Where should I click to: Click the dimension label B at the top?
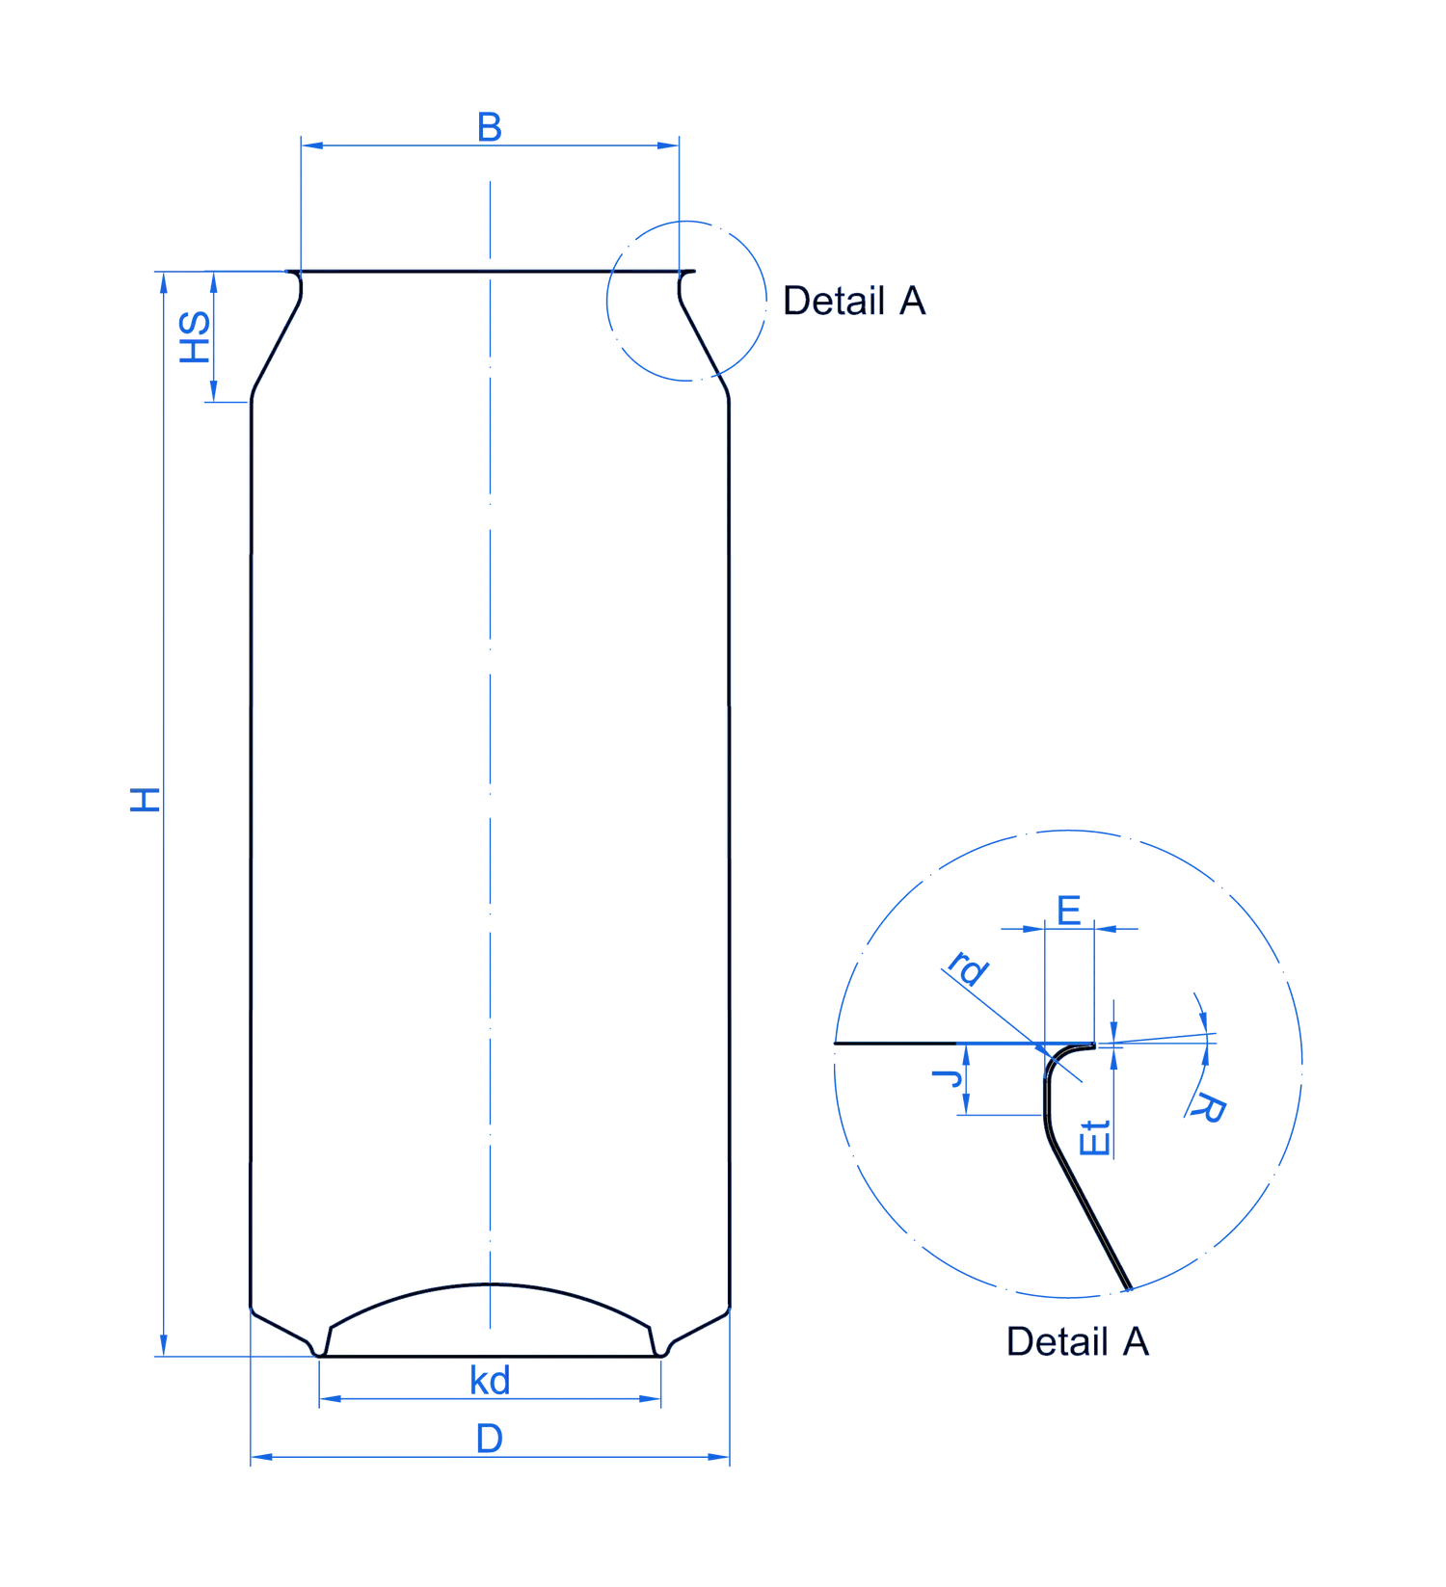pos(490,127)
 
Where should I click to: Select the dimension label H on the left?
pos(146,800)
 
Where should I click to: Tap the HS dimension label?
pos(196,337)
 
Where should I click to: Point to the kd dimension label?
pos(490,1381)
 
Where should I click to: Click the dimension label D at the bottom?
pos(490,1439)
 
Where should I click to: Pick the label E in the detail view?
pos(1069,911)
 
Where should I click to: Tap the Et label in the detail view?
pos(1096,1138)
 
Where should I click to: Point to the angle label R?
pos(1207,1109)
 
